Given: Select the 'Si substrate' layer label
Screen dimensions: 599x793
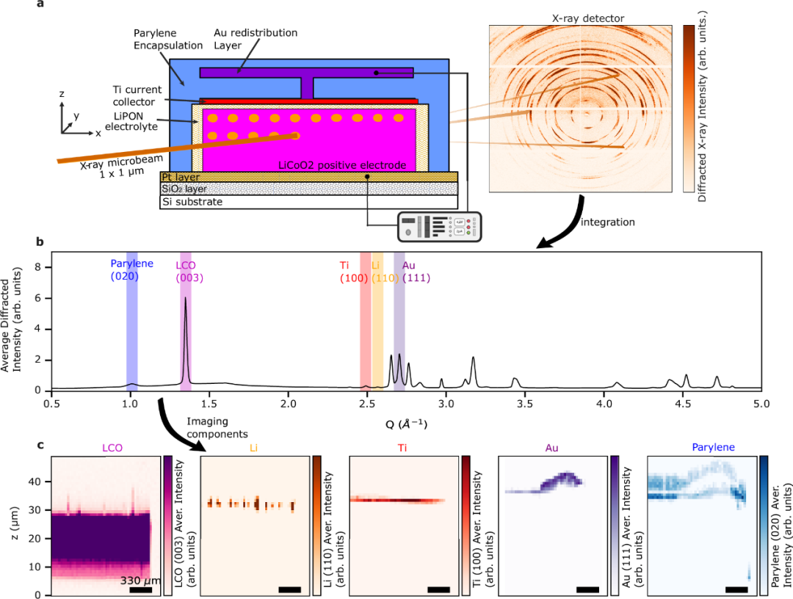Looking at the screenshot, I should pyautogui.click(x=192, y=202).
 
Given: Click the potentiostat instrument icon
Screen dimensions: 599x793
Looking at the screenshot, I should pyautogui.click(x=438, y=226).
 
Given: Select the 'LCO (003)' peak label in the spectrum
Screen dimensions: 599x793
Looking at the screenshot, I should pyautogui.click(x=189, y=271).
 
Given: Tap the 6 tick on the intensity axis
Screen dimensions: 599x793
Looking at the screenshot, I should pyautogui.click(x=42, y=299).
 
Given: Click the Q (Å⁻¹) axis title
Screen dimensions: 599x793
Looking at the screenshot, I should pyautogui.click(x=406, y=424).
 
